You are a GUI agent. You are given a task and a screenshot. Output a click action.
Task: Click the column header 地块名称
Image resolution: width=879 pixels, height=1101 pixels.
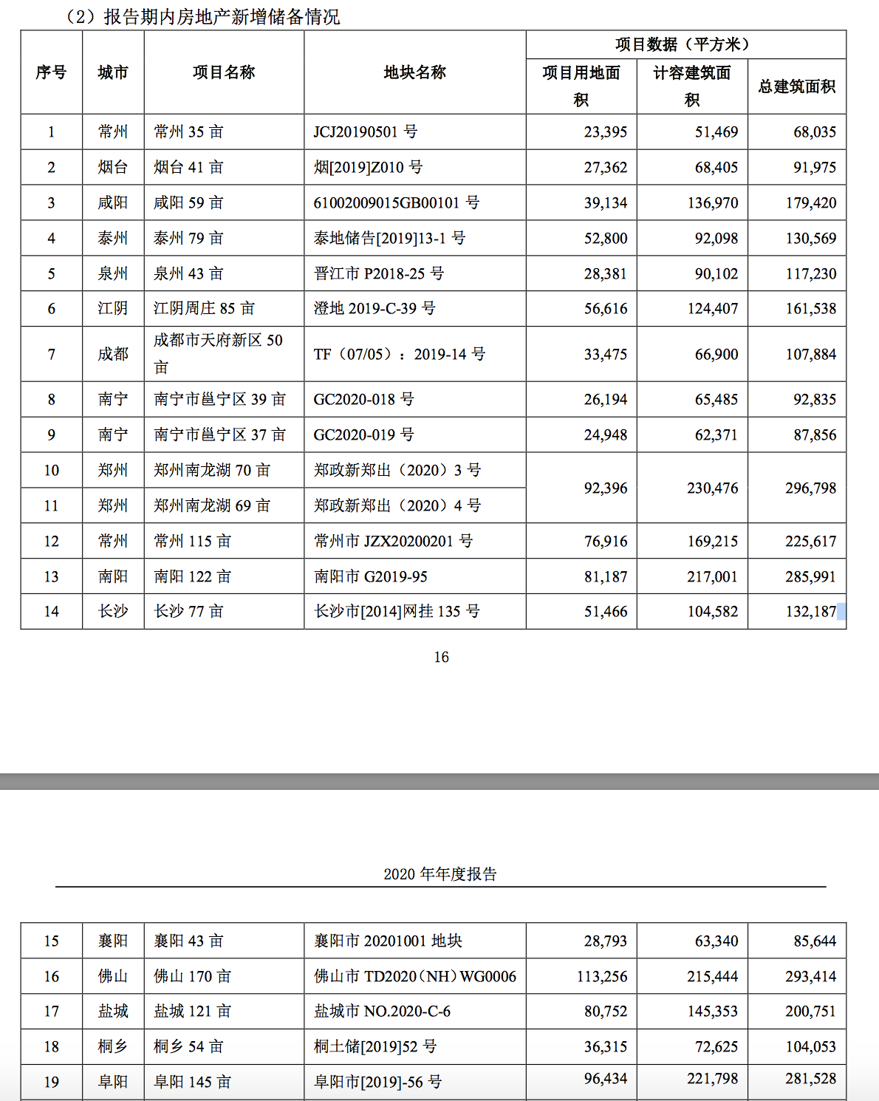(414, 72)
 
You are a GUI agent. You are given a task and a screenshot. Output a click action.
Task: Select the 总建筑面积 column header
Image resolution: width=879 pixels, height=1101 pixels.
(796, 86)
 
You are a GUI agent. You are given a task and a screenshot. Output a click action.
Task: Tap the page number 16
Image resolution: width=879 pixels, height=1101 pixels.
(441, 657)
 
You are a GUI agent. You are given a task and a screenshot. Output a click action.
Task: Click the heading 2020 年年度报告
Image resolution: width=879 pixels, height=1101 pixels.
(440, 874)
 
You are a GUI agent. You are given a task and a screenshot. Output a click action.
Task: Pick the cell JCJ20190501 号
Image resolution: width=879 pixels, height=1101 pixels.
(366, 132)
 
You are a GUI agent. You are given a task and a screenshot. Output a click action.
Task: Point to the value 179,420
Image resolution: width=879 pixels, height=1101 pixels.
(810, 202)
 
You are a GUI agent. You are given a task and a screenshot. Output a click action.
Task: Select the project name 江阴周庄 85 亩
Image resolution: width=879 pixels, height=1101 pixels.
(204, 308)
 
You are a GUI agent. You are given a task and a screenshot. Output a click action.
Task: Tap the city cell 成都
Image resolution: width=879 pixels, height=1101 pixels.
(113, 354)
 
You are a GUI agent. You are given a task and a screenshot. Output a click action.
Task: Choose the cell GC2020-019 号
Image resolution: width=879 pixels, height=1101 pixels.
(363, 434)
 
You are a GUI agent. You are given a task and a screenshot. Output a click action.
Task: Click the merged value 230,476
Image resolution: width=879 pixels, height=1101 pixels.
(712, 488)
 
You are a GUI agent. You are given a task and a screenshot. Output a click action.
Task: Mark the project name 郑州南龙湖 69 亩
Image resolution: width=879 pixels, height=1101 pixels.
(212, 505)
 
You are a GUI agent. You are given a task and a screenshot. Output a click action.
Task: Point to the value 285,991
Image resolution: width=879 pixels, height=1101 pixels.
(810, 576)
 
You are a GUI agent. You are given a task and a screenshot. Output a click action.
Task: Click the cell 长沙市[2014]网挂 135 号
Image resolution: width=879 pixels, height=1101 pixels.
(397, 611)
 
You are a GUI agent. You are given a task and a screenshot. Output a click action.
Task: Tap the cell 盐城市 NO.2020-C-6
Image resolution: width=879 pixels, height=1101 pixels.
(382, 1011)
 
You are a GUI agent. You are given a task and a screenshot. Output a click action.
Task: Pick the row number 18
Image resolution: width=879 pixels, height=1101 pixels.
(51, 1046)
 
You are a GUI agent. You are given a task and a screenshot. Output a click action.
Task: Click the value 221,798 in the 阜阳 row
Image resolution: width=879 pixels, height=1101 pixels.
(712, 1079)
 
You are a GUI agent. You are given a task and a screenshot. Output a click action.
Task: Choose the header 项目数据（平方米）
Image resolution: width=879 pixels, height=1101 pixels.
(685, 44)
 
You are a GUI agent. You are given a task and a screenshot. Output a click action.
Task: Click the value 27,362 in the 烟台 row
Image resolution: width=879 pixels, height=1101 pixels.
(605, 167)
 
